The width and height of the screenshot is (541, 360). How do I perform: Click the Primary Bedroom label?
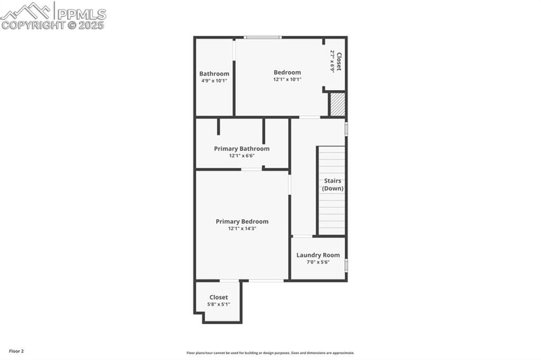click(x=242, y=221)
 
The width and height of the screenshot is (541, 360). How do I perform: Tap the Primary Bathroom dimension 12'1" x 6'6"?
click(x=242, y=156)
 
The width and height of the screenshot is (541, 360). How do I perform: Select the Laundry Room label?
click(x=318, y=255)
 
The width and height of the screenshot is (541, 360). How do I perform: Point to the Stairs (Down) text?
click(x=332, y=185)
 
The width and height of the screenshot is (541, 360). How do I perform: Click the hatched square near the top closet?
click(x=337, y=104)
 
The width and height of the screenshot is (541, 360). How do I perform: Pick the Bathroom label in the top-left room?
click(x=214, y=73)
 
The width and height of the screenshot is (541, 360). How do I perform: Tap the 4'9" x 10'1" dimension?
click(x=214, y=81)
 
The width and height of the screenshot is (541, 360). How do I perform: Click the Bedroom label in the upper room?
click(x=287, y=72)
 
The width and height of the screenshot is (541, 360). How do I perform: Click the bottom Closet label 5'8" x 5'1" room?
click(x=218, y=297)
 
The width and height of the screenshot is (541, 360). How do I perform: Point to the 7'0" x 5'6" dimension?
click(x=318, y=262)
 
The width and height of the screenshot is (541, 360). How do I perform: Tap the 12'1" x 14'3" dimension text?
click(x=242, y=229)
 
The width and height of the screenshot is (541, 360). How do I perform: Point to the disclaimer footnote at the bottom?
click(x=270, y=352)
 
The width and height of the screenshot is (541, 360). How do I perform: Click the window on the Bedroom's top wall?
click(x=262, y=37)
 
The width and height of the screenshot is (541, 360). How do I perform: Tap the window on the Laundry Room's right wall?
click(x=346, y=264)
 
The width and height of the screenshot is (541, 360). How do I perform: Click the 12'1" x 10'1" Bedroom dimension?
click(x=287, y=79)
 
